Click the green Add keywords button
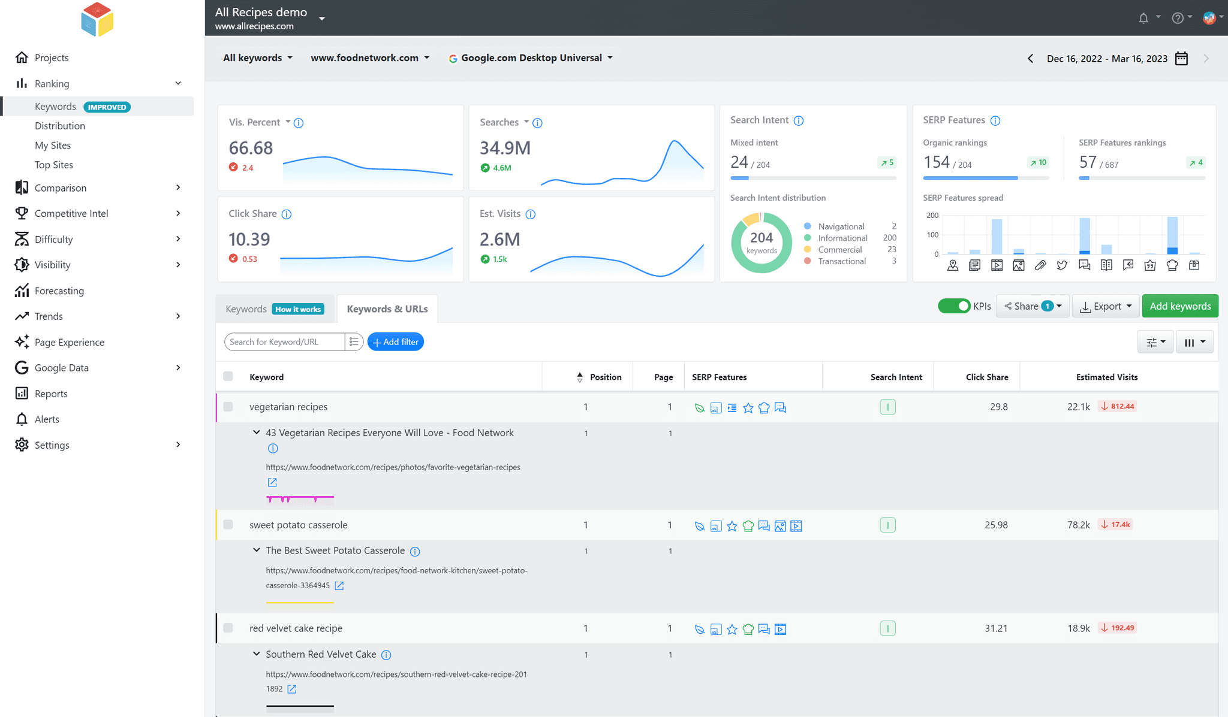point(1179,306)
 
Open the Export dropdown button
point(1106,306)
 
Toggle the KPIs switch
point(953,306)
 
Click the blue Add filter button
point(396,342)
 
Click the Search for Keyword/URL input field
point(284,342)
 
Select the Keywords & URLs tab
point(387,309)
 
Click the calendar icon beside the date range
point(1181,58)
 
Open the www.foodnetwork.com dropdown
point(370,58)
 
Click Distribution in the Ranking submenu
point(60,126)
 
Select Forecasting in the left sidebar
point(59,291)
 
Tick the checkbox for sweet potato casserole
point(228,525)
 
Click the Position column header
point(605,377)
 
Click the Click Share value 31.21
point(995,628)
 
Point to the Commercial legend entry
point(839,250)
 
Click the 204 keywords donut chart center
point(762,243)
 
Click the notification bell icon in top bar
point(1143,18)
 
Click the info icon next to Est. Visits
point(531,214)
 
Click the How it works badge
point(298,309)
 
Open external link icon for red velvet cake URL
point(292,689)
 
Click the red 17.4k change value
point(1119,525)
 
